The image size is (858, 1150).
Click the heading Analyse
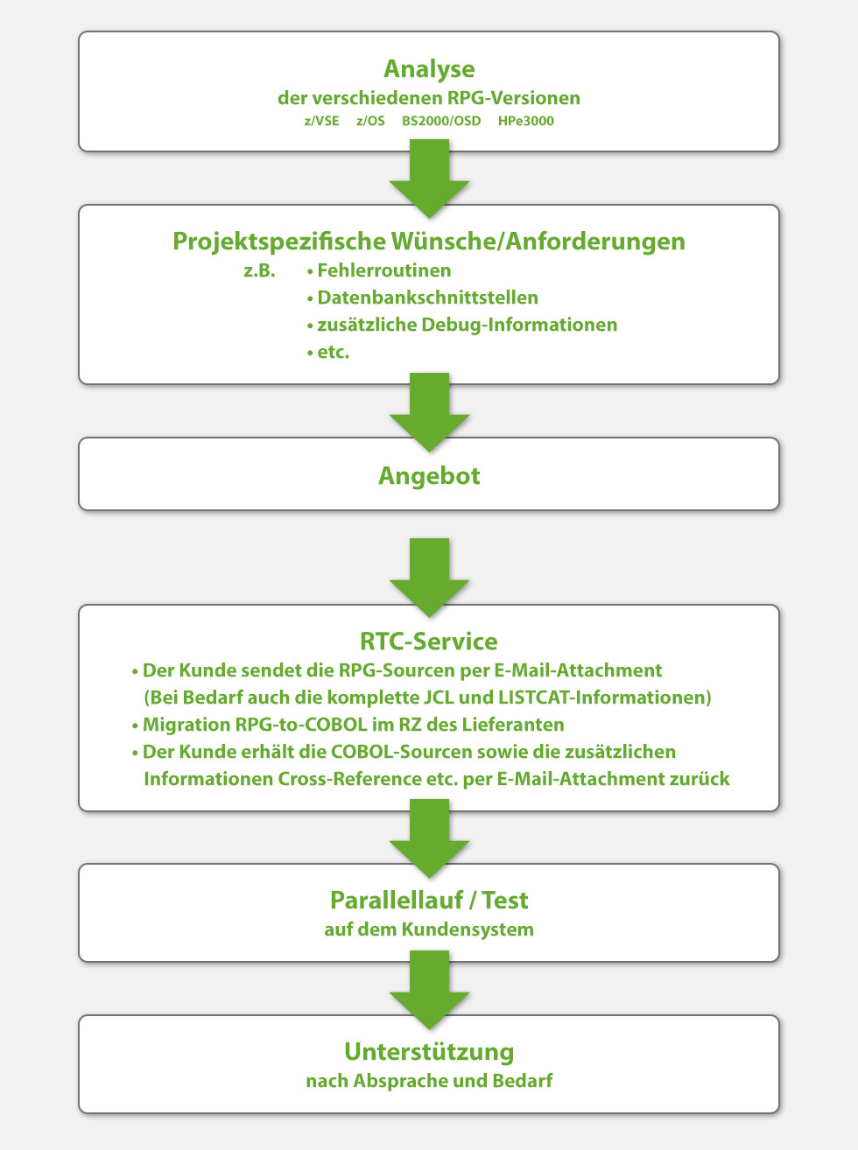[x=429, y=69]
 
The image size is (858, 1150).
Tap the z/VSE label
[x=321, y=121]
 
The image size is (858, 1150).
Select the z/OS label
[x=370, y=121]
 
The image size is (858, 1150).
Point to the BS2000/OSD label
[x=441, y=121]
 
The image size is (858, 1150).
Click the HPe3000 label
[x=525, y=121]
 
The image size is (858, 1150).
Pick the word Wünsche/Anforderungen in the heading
[x=538, y=242]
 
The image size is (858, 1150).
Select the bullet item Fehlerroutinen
[x=383, y=270]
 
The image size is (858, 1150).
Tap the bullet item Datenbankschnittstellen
[x=427, y=298]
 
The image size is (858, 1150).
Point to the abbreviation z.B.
[x=259, y=270]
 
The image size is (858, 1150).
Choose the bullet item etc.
[x=333, y=352]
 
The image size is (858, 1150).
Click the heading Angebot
[x=429, y=476]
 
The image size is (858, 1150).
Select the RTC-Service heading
[x=429, y=642]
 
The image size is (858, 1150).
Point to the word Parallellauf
[x=397, y=901]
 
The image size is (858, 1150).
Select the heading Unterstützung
[x=429, y=1052]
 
